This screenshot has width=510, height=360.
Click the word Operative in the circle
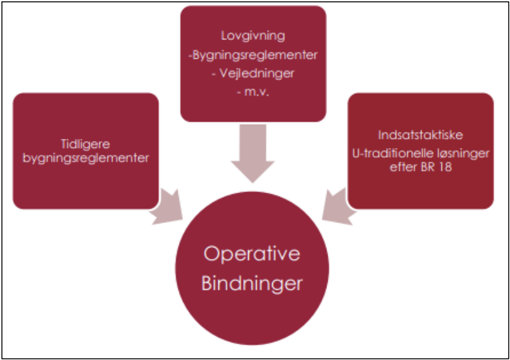point(252,254)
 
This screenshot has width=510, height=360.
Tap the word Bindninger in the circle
point(252,283)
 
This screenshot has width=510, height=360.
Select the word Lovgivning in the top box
point(252,37)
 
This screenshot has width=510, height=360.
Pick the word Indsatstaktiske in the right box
point(420,136)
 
